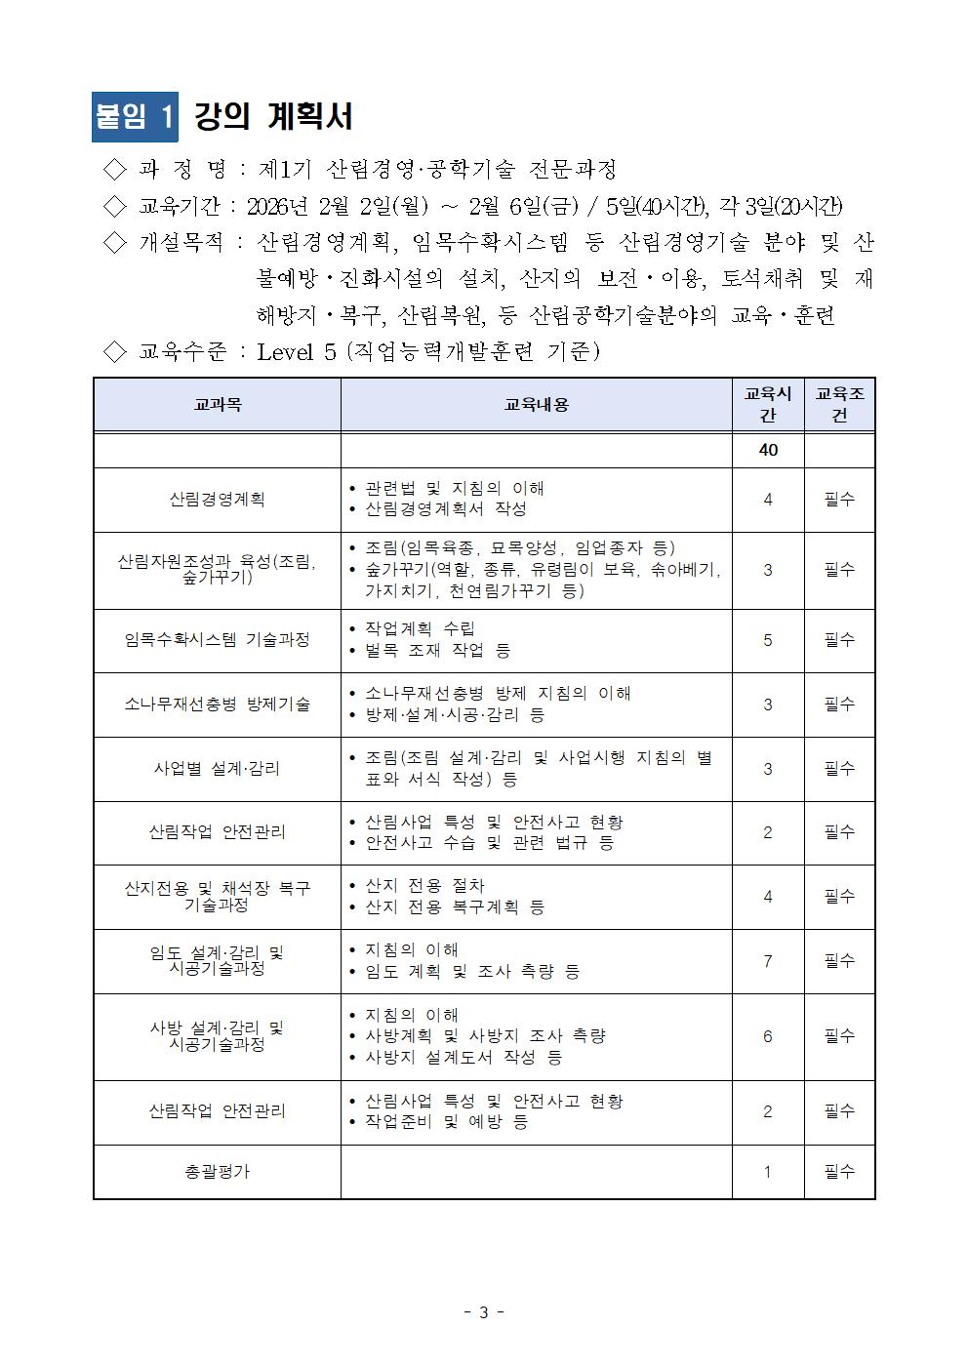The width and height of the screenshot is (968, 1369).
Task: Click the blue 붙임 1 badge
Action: pos(135,117)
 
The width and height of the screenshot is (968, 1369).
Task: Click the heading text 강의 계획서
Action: pos(273,117)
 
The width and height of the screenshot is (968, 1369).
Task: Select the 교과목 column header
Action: pos(217,405)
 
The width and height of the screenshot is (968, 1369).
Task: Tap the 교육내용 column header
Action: pos(536,405)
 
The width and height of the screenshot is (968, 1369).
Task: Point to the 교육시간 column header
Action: pos(767,405)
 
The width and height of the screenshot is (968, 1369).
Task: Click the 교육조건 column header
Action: pos(839,405)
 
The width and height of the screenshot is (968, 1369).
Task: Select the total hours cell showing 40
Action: pos(767,451)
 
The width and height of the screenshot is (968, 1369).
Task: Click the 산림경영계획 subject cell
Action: pos(217,500)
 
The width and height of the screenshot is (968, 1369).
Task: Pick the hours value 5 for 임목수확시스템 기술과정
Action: pos(767,640)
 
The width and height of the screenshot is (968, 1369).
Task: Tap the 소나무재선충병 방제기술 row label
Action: pos(217,704)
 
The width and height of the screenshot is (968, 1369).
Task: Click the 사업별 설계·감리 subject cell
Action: pos(217,768)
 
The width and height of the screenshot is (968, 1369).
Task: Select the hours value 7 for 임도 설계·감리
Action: pos(767,961)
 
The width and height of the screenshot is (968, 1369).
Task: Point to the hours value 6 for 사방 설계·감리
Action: pos(767,1036)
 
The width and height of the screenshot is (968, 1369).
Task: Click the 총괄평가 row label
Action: pos(217,1171)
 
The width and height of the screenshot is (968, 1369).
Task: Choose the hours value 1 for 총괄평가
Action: pos(767,1171)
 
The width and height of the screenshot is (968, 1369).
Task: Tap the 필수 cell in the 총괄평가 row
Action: pos(839,1171)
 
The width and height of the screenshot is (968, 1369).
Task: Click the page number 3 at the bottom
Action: pos(483,1312)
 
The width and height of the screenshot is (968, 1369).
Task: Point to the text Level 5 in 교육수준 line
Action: pos(297,351)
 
